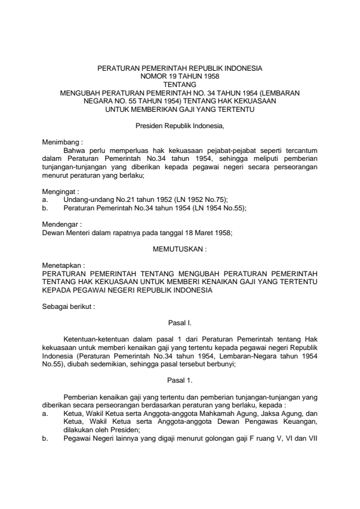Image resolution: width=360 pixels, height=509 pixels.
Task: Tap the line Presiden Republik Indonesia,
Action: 180,125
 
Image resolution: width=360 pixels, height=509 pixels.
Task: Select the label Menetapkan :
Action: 63,264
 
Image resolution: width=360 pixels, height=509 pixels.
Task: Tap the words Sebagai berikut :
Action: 68,306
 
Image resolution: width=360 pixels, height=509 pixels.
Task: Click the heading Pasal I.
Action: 180,323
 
